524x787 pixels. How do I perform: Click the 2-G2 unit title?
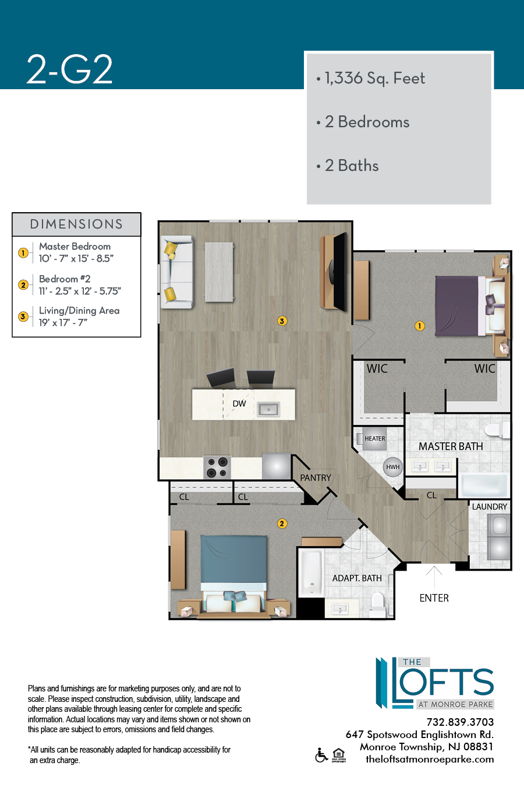click(x=70, y=69)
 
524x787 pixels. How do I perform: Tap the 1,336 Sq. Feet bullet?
click(x=371, y=78)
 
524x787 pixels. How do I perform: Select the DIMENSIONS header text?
click(x=76, y=224)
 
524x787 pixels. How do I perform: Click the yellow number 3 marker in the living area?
click(x=282, y=321)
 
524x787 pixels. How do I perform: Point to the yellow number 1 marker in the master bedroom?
click(x=420, y=326)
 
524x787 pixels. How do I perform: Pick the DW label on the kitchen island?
click(x=239, y=403)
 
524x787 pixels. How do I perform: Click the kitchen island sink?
click(x=268, y=409)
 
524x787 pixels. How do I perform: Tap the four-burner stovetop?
click(x=217, y=468)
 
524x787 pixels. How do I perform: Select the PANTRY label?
click(x=316, y=478)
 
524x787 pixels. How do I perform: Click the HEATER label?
click(x=375, y=438)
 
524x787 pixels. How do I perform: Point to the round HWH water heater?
click(x=393, y=467)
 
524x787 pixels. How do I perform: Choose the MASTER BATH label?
click(x=451, y=447)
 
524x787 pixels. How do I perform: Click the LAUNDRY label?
click(x=489, y=507)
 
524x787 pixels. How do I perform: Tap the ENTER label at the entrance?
click(x=434, y=598)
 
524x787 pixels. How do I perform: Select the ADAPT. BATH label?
click(x=357, y=578)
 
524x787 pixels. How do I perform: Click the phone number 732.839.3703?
click(x=460, y=722)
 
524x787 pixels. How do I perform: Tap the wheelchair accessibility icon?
click(x=321, y=756)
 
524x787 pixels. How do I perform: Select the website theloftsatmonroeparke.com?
click(x=430, y=759)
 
